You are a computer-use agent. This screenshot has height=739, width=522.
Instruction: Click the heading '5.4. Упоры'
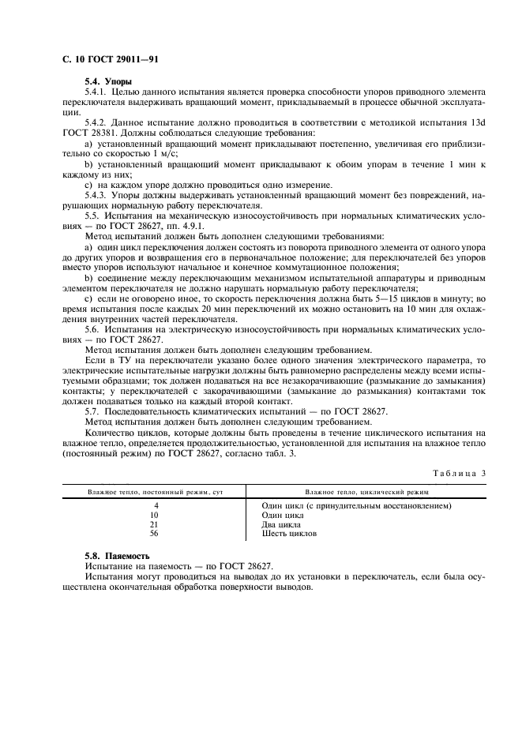108,82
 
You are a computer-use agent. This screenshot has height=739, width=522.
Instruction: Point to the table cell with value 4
156,505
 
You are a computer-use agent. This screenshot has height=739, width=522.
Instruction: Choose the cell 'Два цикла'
282,524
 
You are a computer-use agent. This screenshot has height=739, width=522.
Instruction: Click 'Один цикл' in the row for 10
283,515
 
